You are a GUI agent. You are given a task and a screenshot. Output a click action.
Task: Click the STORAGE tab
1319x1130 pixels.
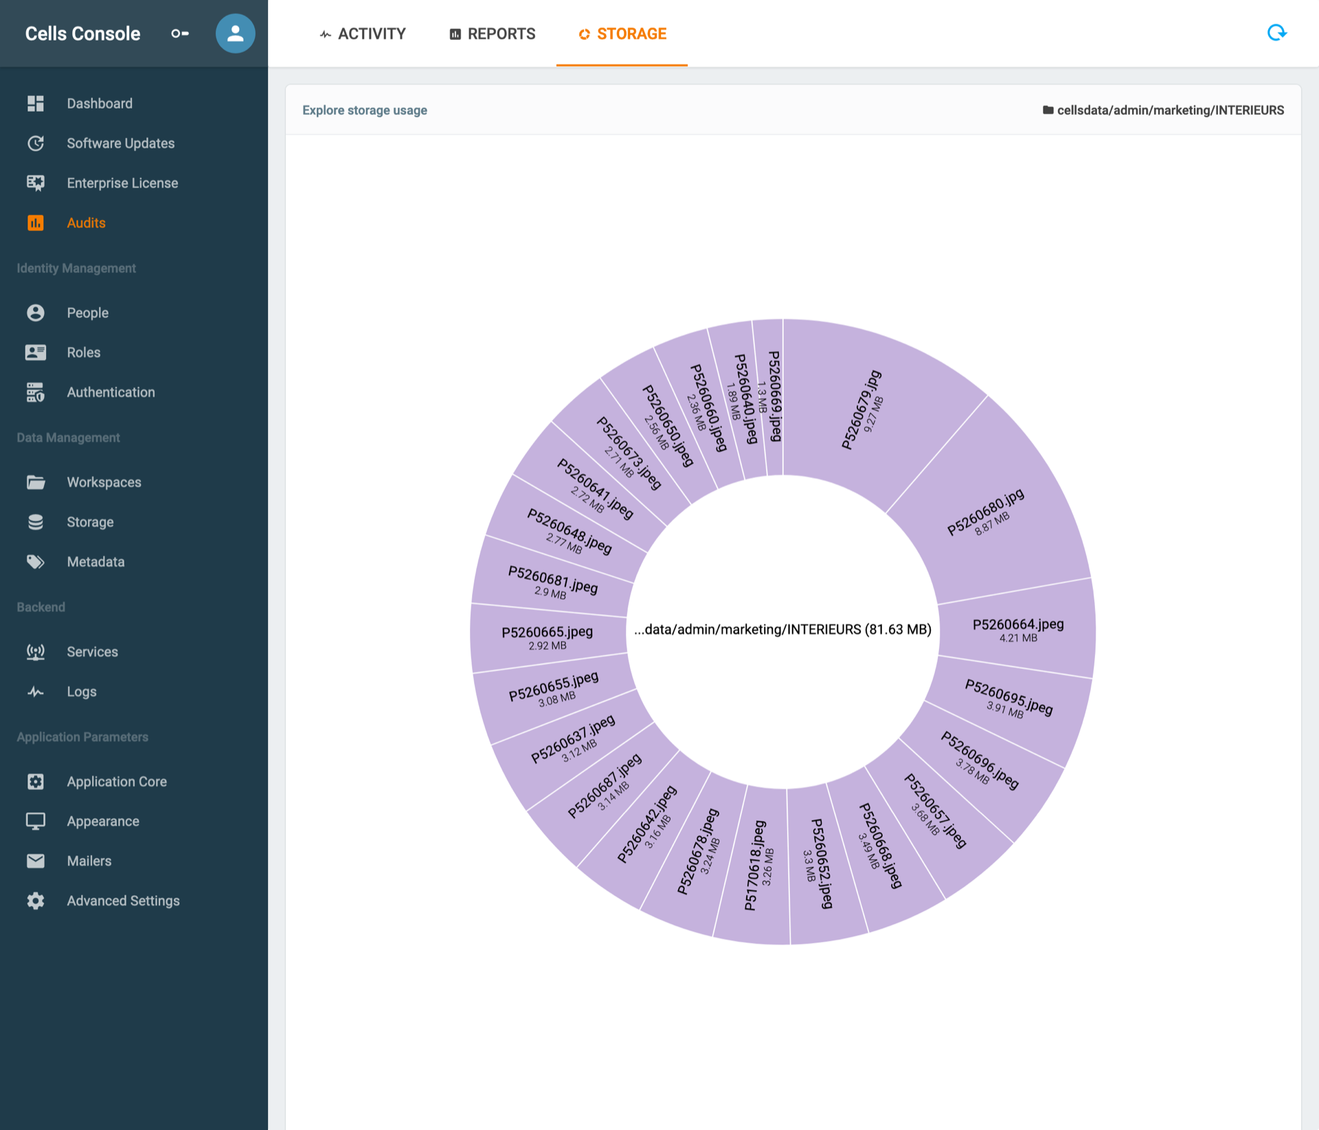(622, 34)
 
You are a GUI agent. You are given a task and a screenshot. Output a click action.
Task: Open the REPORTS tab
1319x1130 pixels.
(493, 34)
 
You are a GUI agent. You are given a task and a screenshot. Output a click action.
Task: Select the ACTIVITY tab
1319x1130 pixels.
(363, 34)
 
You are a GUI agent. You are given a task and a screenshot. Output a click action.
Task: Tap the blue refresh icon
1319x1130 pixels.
(1276, 32)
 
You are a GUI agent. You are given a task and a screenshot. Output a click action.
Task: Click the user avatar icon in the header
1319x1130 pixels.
(235, 33)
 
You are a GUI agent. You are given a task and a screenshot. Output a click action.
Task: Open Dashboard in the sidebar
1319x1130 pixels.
(100, 104)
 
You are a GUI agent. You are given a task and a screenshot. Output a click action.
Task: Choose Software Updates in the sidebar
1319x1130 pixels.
(121, 144)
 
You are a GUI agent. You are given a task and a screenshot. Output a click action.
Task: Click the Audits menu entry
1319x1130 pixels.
(86, 223)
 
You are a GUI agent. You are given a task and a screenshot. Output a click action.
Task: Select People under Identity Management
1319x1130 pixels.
(87, 313)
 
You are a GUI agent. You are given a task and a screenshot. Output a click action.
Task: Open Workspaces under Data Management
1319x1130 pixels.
(104, 482)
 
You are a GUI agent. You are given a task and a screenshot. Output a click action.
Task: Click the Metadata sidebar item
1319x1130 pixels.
(95, 562)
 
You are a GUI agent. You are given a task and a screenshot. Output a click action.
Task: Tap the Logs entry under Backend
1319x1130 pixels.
(82, 692)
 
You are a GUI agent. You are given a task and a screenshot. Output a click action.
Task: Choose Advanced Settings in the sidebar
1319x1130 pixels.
(123, 901)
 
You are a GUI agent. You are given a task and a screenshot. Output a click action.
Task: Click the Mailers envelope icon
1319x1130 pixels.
(36, 861)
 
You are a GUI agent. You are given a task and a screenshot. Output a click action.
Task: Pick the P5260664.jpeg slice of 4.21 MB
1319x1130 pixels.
(1017, 629)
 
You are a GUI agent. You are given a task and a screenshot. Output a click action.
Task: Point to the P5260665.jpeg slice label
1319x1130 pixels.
(547, 637)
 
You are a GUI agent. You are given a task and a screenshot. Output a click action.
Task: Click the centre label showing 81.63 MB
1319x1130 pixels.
(782, 629)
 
